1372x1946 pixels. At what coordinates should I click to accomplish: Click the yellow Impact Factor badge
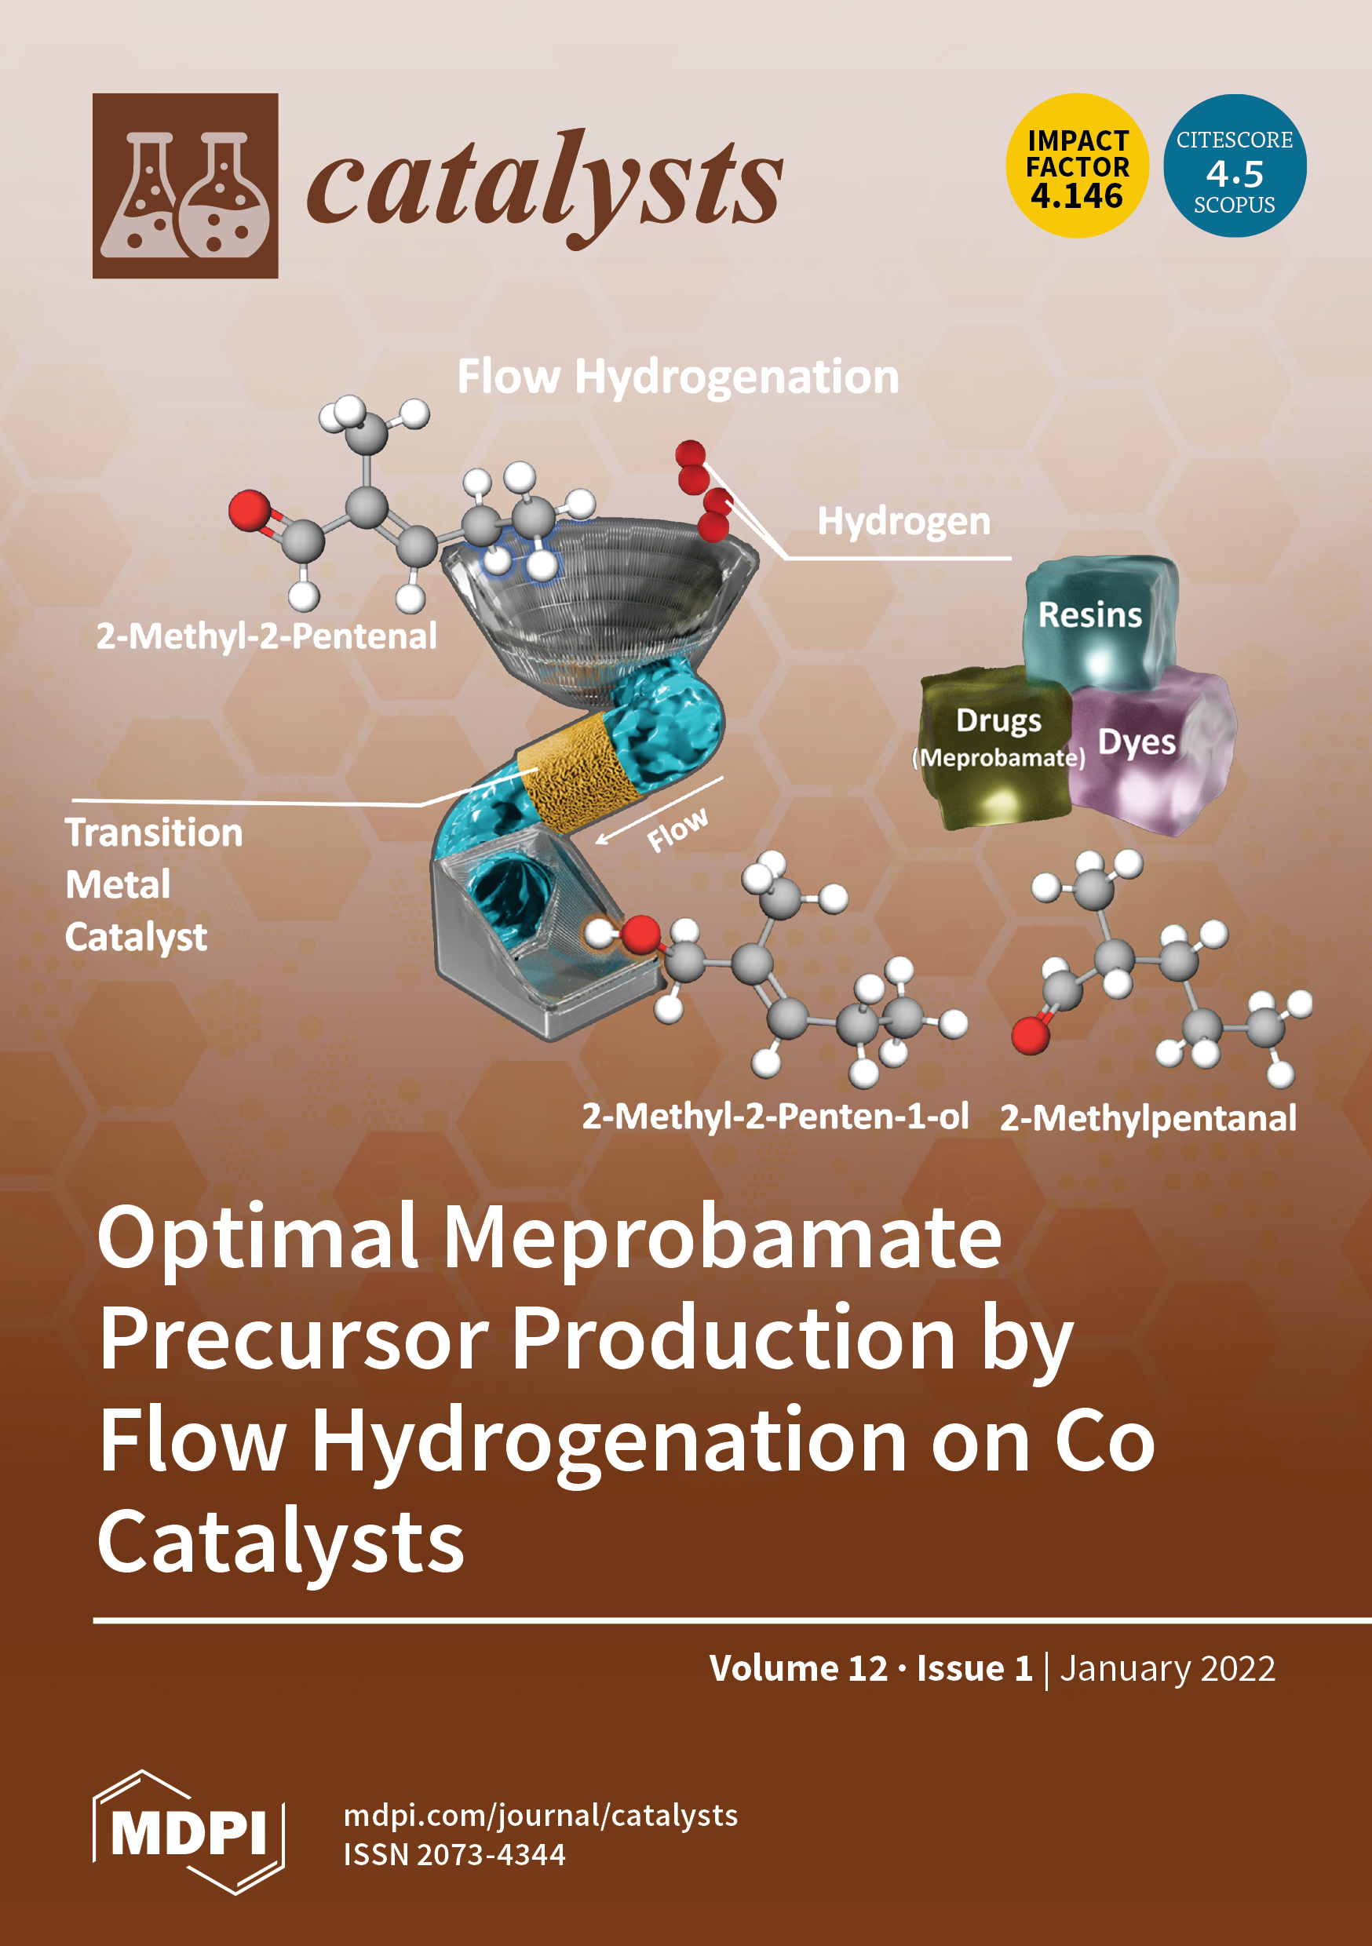tap(1077, 166)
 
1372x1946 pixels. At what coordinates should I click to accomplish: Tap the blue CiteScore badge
tap(1234, 166)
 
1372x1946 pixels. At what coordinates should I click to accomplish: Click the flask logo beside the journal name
tap(185, 186)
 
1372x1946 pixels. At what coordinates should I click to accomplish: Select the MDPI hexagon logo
tap(188, 1832)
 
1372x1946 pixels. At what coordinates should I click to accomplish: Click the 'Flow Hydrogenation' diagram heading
tap(677, 377)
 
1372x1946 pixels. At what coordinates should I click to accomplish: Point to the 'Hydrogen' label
tap(903, 521)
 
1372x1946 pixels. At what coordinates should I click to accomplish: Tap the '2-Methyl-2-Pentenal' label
tap(266, 636)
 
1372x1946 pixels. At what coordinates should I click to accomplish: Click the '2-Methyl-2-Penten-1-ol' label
tap(774, 1117)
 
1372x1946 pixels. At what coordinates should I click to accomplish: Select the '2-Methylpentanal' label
tap(1148, 1118)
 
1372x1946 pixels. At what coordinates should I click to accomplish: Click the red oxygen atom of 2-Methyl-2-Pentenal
tap(250, 511)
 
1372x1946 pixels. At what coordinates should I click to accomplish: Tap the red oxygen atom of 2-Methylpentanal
tap(1031, 1036)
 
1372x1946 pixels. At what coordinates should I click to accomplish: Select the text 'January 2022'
tap(1167, 1668)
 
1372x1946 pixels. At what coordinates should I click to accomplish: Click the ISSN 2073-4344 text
tap(454, 1854)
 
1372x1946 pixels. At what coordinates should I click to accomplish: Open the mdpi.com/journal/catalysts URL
tap(540, 1815)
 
